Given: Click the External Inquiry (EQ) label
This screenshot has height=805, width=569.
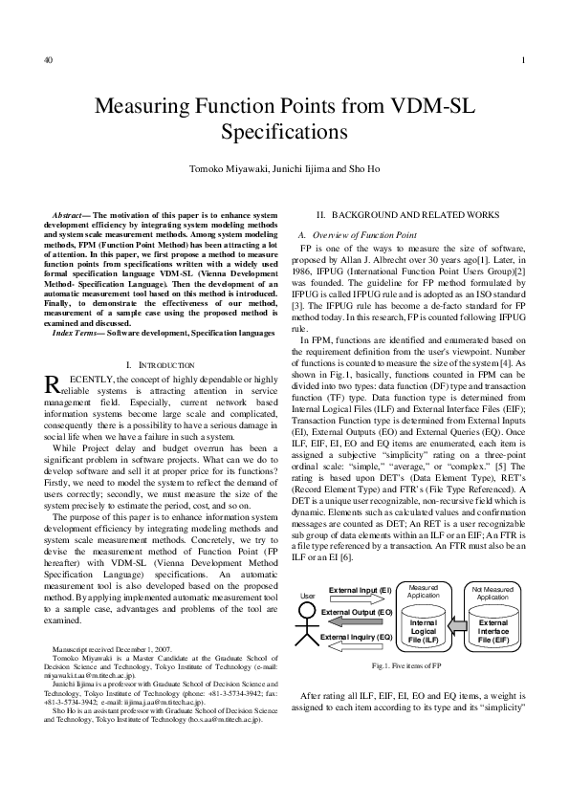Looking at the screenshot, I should pos(358,636).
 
